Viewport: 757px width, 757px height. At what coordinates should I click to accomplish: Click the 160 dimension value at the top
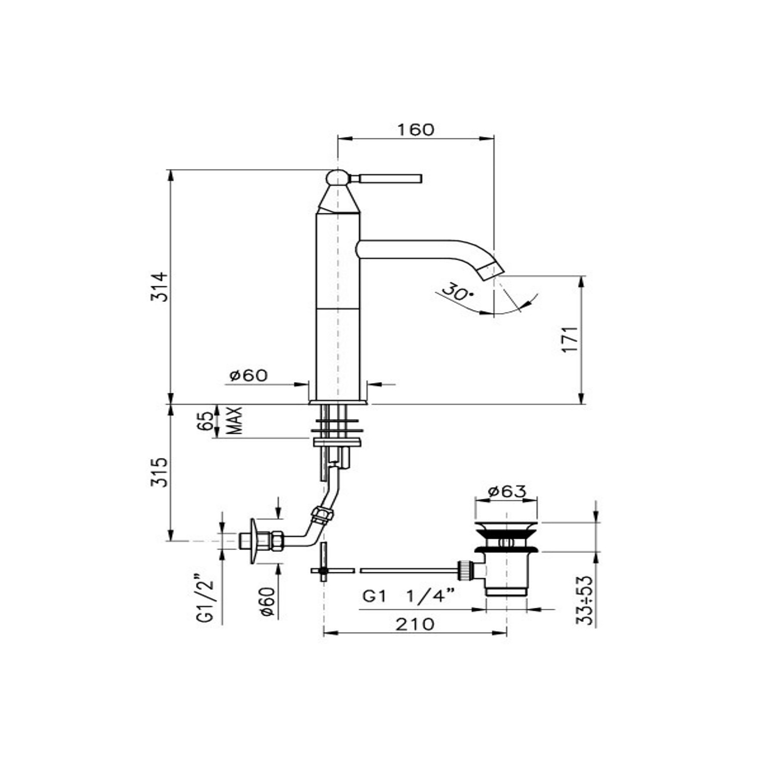point(415,130)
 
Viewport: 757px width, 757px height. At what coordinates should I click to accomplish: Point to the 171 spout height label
point(570,339)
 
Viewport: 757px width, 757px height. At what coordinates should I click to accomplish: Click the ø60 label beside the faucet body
point(249,375)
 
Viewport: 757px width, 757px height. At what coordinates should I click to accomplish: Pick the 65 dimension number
point(205,421)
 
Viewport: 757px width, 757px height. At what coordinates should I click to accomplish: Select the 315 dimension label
point(160,472)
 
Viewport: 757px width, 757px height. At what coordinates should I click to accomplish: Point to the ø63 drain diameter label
point(507,491)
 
